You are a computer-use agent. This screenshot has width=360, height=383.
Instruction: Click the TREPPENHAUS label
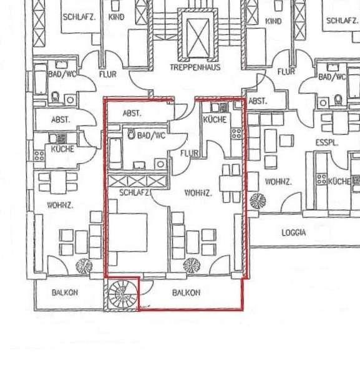(x=195, y=67)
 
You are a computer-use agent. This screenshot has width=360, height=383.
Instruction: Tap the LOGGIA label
(x=294, y=232)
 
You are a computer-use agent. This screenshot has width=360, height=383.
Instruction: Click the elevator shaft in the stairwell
(x=196, y=36)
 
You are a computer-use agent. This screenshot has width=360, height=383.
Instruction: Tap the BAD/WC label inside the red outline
(x=152, y=135)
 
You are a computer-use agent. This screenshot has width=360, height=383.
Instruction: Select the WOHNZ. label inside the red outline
(x=198, y=193)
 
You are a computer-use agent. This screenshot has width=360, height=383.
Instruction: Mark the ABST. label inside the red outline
(x=132, y=114)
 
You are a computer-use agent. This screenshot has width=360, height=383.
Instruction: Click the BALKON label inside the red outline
(x=186, y=293)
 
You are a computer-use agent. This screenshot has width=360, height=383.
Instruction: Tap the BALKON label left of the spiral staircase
(x=65, y=292)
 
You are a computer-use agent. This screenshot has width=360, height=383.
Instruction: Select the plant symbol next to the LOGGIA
(x=257, y=201)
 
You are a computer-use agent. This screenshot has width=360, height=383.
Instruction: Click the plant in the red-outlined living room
(x=192, y=266)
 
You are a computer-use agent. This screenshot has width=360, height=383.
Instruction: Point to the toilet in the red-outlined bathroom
(x=132, y=134)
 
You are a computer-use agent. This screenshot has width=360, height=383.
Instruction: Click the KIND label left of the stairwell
(x=116, y=17)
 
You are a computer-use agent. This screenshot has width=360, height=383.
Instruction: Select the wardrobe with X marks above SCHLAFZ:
(x=137, y=182)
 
